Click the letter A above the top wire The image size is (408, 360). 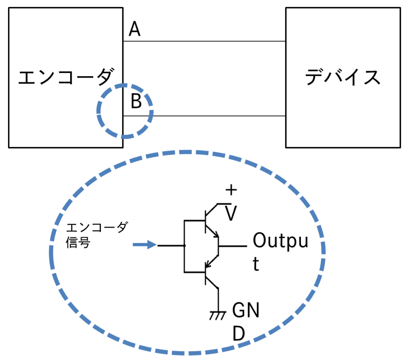135,29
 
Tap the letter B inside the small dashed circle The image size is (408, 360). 136,101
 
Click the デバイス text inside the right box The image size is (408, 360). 343,77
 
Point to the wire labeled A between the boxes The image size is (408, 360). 204,41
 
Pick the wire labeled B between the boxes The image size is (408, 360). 204,116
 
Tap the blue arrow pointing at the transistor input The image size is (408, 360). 145,245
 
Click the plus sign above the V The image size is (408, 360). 231,190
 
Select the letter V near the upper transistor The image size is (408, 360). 231,213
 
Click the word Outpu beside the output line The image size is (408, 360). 280,241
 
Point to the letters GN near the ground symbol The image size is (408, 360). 245,310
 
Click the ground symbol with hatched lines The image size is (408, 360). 218,315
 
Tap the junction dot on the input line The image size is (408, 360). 184,246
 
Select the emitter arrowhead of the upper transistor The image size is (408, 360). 216,235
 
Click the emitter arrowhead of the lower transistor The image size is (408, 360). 208,264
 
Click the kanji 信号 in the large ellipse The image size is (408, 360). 78,243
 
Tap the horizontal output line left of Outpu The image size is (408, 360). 233,246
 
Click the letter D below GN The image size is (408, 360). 239,333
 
